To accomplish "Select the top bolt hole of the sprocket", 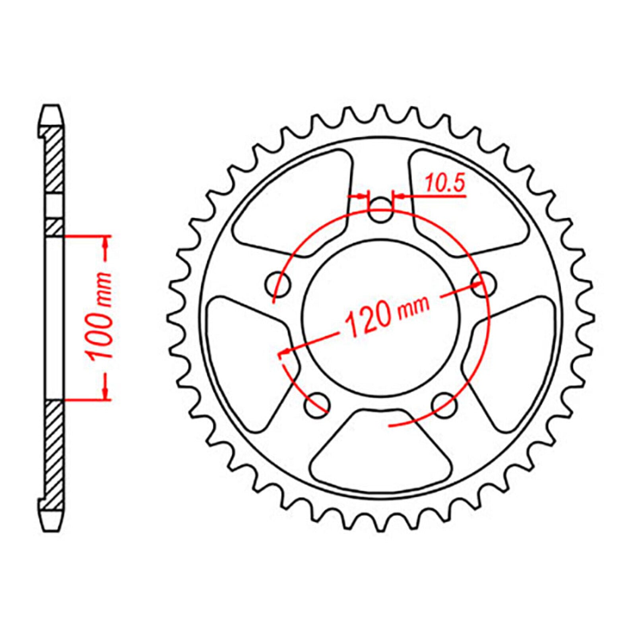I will [x=380, y=211].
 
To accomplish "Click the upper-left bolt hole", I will [x=278, y=285].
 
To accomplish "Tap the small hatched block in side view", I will [x=54, y=227].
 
